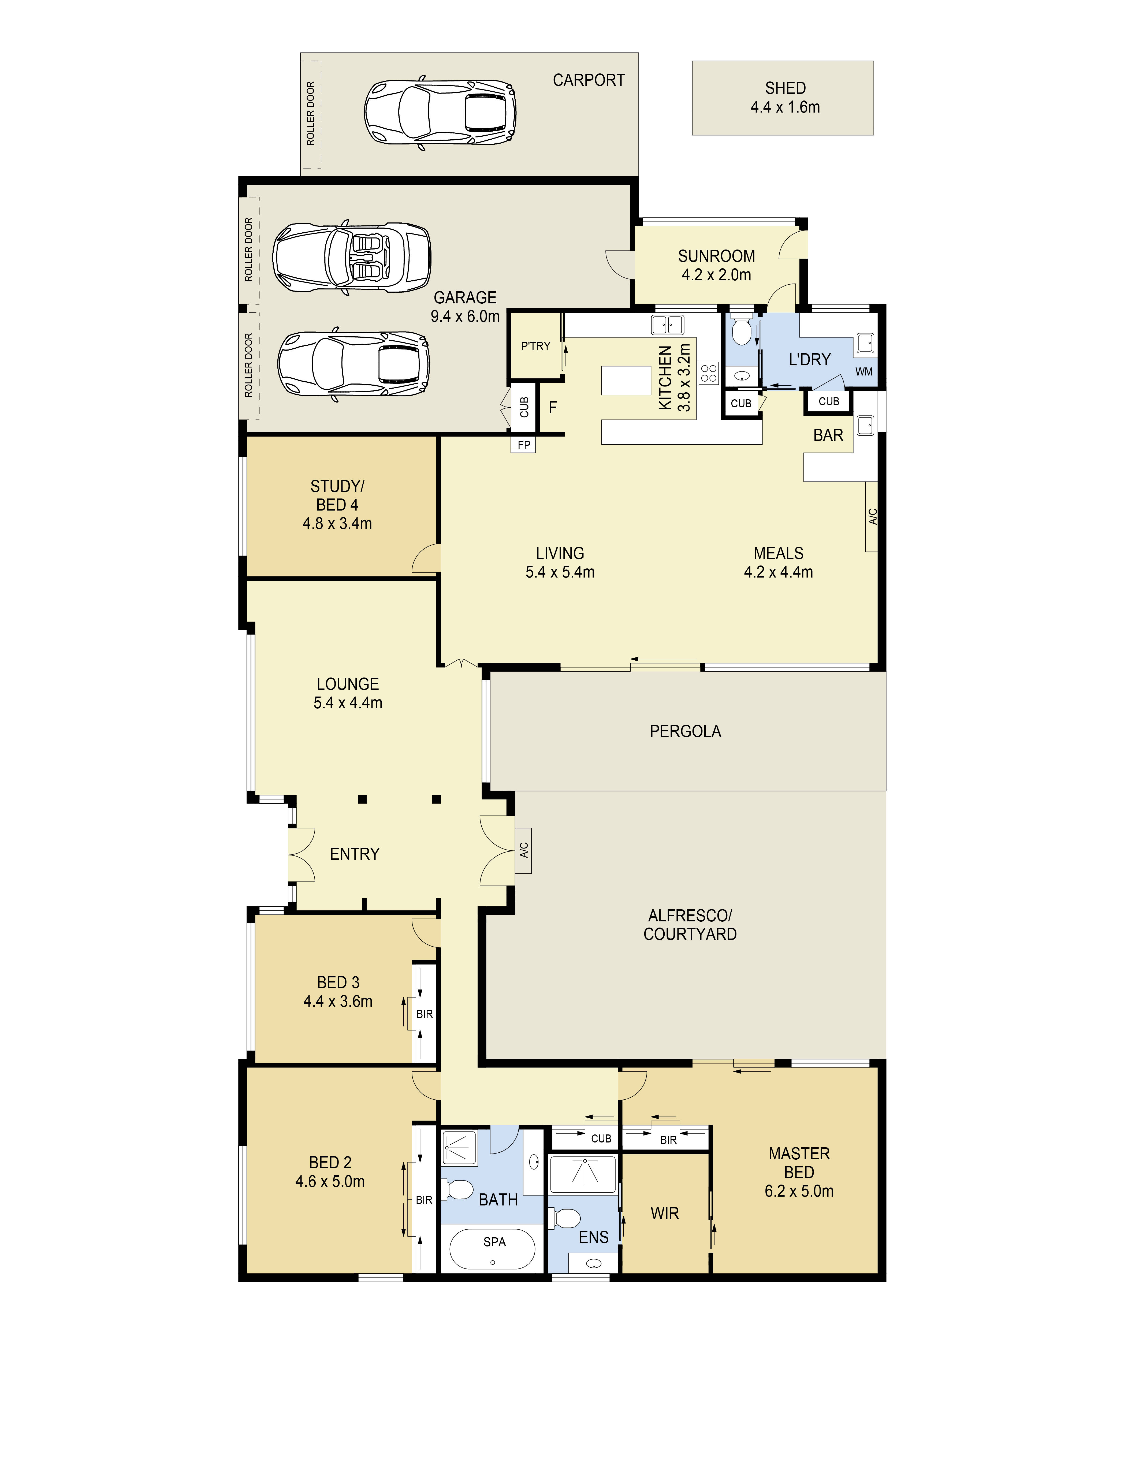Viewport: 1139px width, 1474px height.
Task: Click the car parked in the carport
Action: [x=441, y=112]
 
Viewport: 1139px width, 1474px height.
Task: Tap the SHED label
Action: [x=785, y=88]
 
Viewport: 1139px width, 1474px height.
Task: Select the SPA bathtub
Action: [x=493, y=1249]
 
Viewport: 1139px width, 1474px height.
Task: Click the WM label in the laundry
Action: [x=864, y=371]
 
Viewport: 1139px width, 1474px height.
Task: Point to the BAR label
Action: [x=828, y=435]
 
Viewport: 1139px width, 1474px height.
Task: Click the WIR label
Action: [x=665, y=1214]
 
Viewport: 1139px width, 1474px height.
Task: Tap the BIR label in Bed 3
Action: [x=425, y=1014]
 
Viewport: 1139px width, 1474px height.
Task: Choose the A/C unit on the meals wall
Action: [x=872, y=516]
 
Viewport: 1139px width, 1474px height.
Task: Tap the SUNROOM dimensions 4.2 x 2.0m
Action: [x=716, y=275]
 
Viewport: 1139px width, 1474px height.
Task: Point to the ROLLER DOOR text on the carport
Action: [x=310, y=113]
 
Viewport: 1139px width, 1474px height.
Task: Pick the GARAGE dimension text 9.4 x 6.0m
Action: [x=465, y=317]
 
